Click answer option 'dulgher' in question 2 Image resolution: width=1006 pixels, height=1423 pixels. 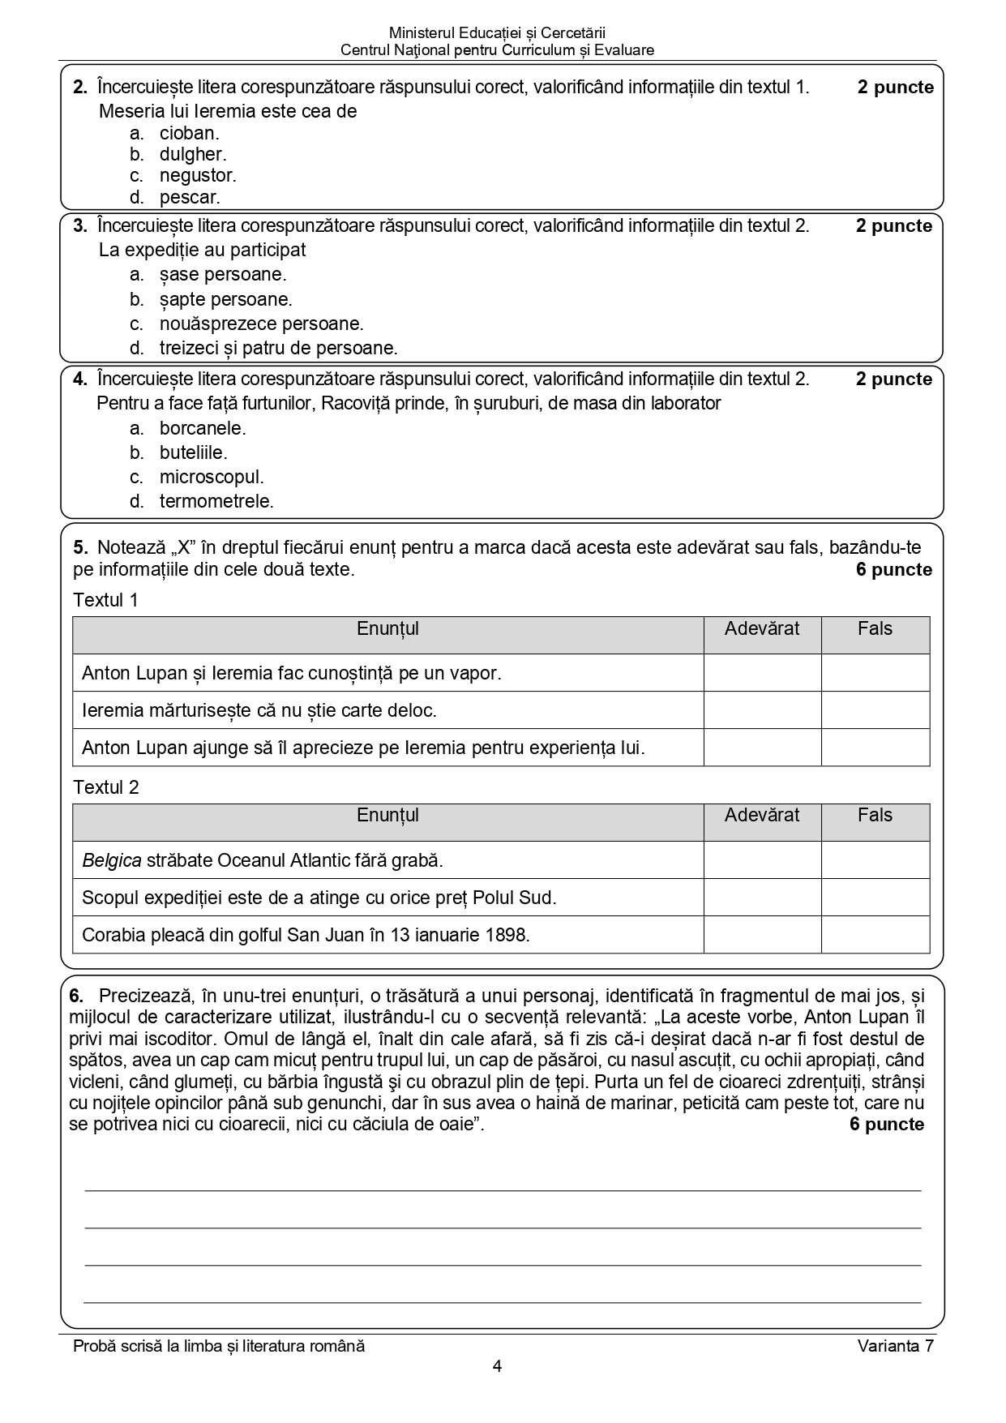click(x=192, y=154)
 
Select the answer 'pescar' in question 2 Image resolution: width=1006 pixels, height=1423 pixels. click(x=189, y=197)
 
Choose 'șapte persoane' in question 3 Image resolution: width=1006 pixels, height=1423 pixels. click(x=225, y=299)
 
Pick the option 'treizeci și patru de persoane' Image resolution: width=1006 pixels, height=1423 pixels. click(x=278, y=349)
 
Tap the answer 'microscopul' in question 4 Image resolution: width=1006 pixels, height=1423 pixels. click(x=211, y=477)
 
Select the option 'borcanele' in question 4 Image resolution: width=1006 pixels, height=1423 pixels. click(x=202, y=428)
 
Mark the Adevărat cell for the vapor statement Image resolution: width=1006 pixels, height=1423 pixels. click(x=762, y=673)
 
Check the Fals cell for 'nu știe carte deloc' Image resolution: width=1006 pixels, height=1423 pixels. click(x=875, y=710)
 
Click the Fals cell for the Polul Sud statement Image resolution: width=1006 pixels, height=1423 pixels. click(x=875, y=898)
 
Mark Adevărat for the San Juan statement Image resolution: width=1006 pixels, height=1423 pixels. click(x=762, y=935)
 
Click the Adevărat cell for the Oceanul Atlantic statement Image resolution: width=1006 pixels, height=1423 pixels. click(x=762, y=860)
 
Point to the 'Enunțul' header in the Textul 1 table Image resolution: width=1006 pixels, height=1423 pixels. click(x=387, y=629)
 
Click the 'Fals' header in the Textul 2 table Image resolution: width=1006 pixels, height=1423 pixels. click(x=875, y=816)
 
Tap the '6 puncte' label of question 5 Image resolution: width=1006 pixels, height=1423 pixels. click(x=893, y=570)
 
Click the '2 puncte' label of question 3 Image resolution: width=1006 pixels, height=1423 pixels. click(x=893, y=226)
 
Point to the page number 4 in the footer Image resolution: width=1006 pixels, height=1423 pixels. click(x=497, y=1366)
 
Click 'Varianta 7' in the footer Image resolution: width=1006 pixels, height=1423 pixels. click(x=895, y=1346)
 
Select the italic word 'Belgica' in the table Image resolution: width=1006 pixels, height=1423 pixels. click(x=112, y=860)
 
